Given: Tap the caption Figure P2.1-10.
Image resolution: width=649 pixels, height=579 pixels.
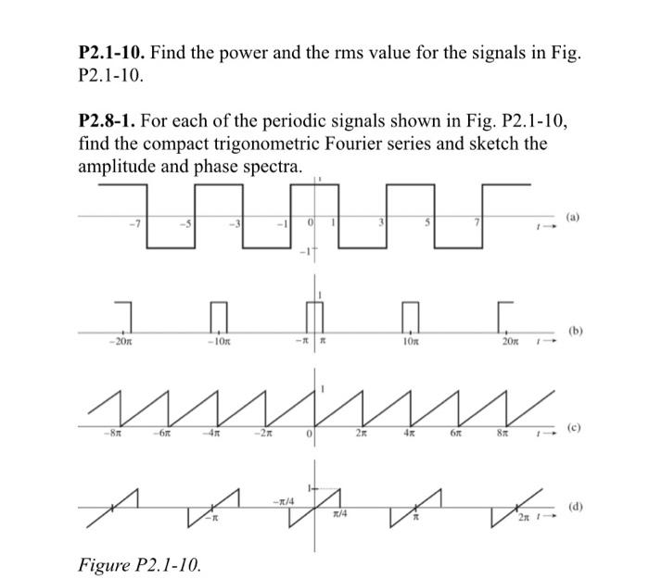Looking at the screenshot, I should pyautogui.click(x=139, y=564).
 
